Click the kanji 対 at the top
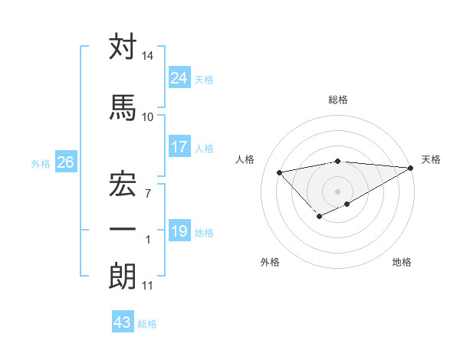(123, 47)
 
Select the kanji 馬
(123, 108)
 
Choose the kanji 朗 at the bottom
(123, 277)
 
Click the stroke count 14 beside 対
(148, 56)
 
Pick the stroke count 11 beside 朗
(147, 286)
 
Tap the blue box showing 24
(179, 78)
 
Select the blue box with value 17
(179, 147)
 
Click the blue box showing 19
(179, 231)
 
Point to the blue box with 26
(65, 162)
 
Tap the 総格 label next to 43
(147, 324)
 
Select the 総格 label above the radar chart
(338, 100)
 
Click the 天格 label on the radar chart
(431, 159)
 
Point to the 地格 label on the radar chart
(402, 262)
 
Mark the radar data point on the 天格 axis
(412, 168)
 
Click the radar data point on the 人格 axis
(279, 172)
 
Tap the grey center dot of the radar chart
(337, 191)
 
